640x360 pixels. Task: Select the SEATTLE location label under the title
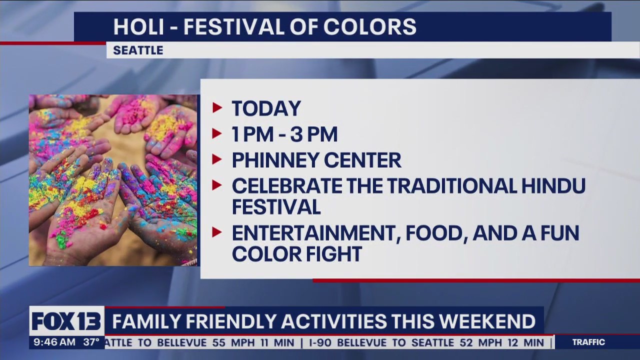(138, 50)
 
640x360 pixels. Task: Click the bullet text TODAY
(266, 109)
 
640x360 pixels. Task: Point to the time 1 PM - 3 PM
(284, 134)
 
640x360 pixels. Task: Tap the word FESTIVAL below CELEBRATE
(276, 207)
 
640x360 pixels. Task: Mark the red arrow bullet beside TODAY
(217, 107)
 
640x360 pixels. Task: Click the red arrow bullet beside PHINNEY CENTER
(217, 159)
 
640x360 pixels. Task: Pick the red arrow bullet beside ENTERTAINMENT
(217, 232)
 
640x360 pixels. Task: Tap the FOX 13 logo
(66, 320)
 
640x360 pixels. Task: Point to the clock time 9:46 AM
(54, 342)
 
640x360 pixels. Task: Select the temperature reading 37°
(91, 342)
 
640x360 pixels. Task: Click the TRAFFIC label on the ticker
(588, 342)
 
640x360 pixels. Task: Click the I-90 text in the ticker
(320, 343)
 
